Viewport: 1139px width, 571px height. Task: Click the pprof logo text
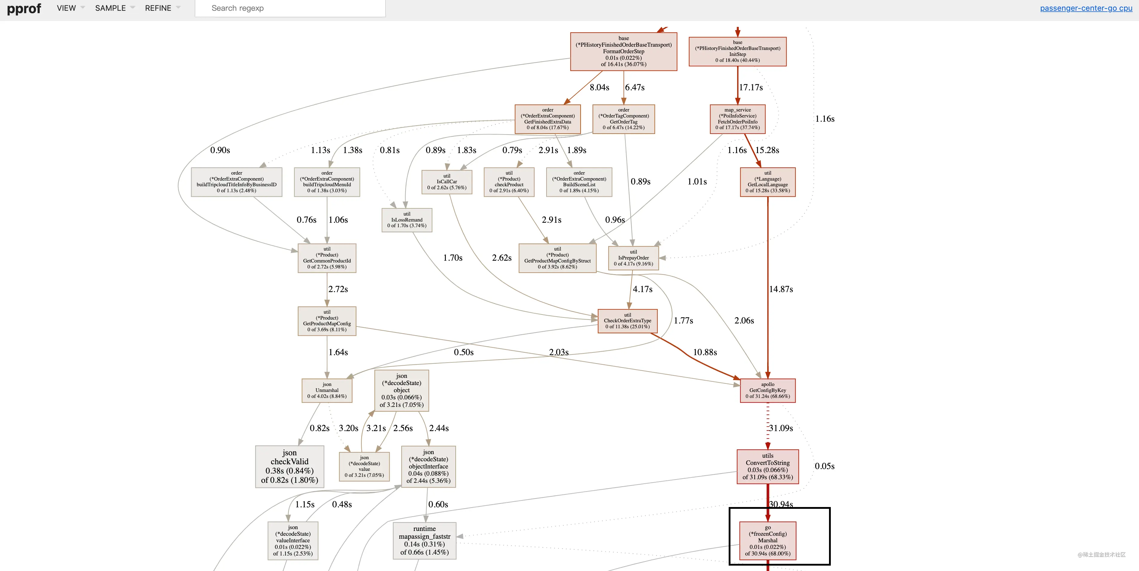click(x=24, y=8)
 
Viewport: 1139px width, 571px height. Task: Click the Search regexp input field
click(x=290, y=8)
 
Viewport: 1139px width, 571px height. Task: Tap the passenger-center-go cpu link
click(x=1086, y=8)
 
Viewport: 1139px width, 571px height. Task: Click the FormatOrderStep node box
click(x=624, y=51)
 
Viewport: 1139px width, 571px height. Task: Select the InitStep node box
click(x=738, y=51)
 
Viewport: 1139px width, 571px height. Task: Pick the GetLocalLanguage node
click(x=767, y=182)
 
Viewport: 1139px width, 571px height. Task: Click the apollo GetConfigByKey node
click(x=767, y=390)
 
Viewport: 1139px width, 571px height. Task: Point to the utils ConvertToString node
click(x=767, y=467)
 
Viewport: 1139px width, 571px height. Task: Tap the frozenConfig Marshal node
click(x=767, y=541)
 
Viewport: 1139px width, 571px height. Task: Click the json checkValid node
click(x=290, y=467)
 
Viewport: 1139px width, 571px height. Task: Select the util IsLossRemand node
click(x=407, y=220)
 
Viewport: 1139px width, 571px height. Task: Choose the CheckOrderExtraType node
click(x=627, y=321)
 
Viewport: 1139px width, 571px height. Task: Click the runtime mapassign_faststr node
click(x=424, y=541)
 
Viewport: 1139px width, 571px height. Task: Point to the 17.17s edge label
click(x=751, y=88)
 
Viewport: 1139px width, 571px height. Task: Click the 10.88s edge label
click(x=705, y=352)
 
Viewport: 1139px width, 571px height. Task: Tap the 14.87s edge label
click(x=781, y=289)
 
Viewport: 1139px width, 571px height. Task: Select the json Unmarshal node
click(x=327, y=390)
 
